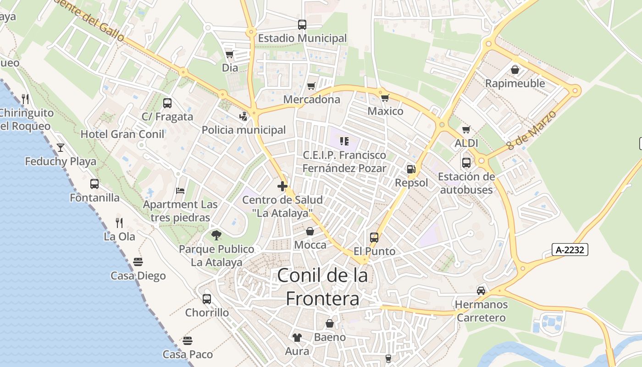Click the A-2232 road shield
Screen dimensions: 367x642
(570, 250)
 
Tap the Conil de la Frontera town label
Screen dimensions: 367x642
(322, 287)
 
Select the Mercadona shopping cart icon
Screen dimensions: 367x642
(311, 86)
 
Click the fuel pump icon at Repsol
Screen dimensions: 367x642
(411, 169)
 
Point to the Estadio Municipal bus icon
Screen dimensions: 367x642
(302, 25)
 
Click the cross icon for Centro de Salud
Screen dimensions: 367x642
(282, 186)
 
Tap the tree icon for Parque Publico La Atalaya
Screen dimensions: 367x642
(216, 235)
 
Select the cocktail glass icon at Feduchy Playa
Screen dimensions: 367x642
(60, 148)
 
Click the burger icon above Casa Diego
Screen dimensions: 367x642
(138, 262)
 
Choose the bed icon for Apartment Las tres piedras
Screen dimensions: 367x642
(180, 190)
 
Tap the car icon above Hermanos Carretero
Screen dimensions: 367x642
(481, 290)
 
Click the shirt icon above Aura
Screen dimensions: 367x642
(297, 338)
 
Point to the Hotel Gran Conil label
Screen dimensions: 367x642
(122, 134)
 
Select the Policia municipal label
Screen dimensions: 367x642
(244, 130)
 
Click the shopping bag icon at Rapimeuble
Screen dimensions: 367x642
(515, 70)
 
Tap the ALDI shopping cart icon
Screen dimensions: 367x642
(466, 130)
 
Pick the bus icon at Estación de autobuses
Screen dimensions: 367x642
(466, 163)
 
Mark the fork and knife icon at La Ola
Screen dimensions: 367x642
(119, 223)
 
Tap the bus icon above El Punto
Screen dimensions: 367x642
(374, 238)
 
